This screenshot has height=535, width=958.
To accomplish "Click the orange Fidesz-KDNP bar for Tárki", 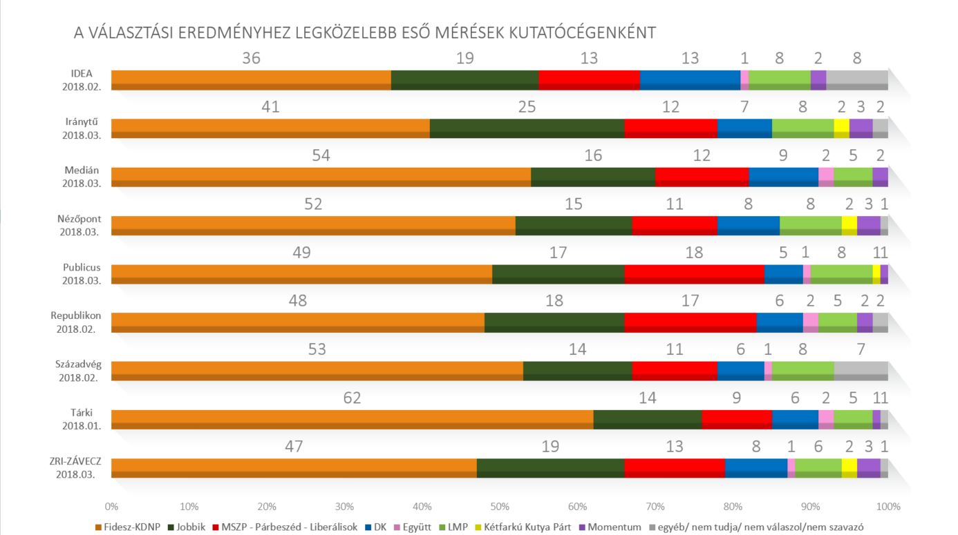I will pos(352,419).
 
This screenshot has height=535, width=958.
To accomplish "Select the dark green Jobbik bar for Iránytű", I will pos(527,128).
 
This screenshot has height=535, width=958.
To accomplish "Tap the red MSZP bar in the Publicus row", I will pos(694,273).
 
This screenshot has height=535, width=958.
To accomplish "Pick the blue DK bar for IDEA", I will pos(690,79).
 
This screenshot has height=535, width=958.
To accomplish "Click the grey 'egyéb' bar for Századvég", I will pos(861,371).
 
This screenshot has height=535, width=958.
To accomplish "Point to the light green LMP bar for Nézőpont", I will pos(810,225).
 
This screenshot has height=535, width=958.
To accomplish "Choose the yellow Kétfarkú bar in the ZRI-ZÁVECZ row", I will pos(849,467).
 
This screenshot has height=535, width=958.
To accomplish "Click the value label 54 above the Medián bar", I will pos(321,155).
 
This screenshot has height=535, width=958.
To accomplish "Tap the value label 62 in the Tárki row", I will pos(352,398).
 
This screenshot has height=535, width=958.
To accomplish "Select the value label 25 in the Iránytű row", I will pos(527,107).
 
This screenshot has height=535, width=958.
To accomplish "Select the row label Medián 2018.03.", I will pos(82,177).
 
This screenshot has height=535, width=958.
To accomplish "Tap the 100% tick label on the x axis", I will pos(887,506).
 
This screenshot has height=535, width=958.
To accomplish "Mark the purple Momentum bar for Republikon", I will pos(864,322).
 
